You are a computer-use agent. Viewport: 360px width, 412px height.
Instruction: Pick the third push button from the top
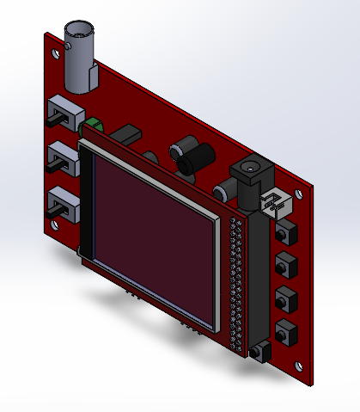(x=284, y=298)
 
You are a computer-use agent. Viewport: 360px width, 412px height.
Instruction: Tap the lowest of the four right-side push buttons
(x=284, y=329)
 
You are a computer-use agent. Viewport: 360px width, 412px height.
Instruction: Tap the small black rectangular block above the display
(x=128, y=135)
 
